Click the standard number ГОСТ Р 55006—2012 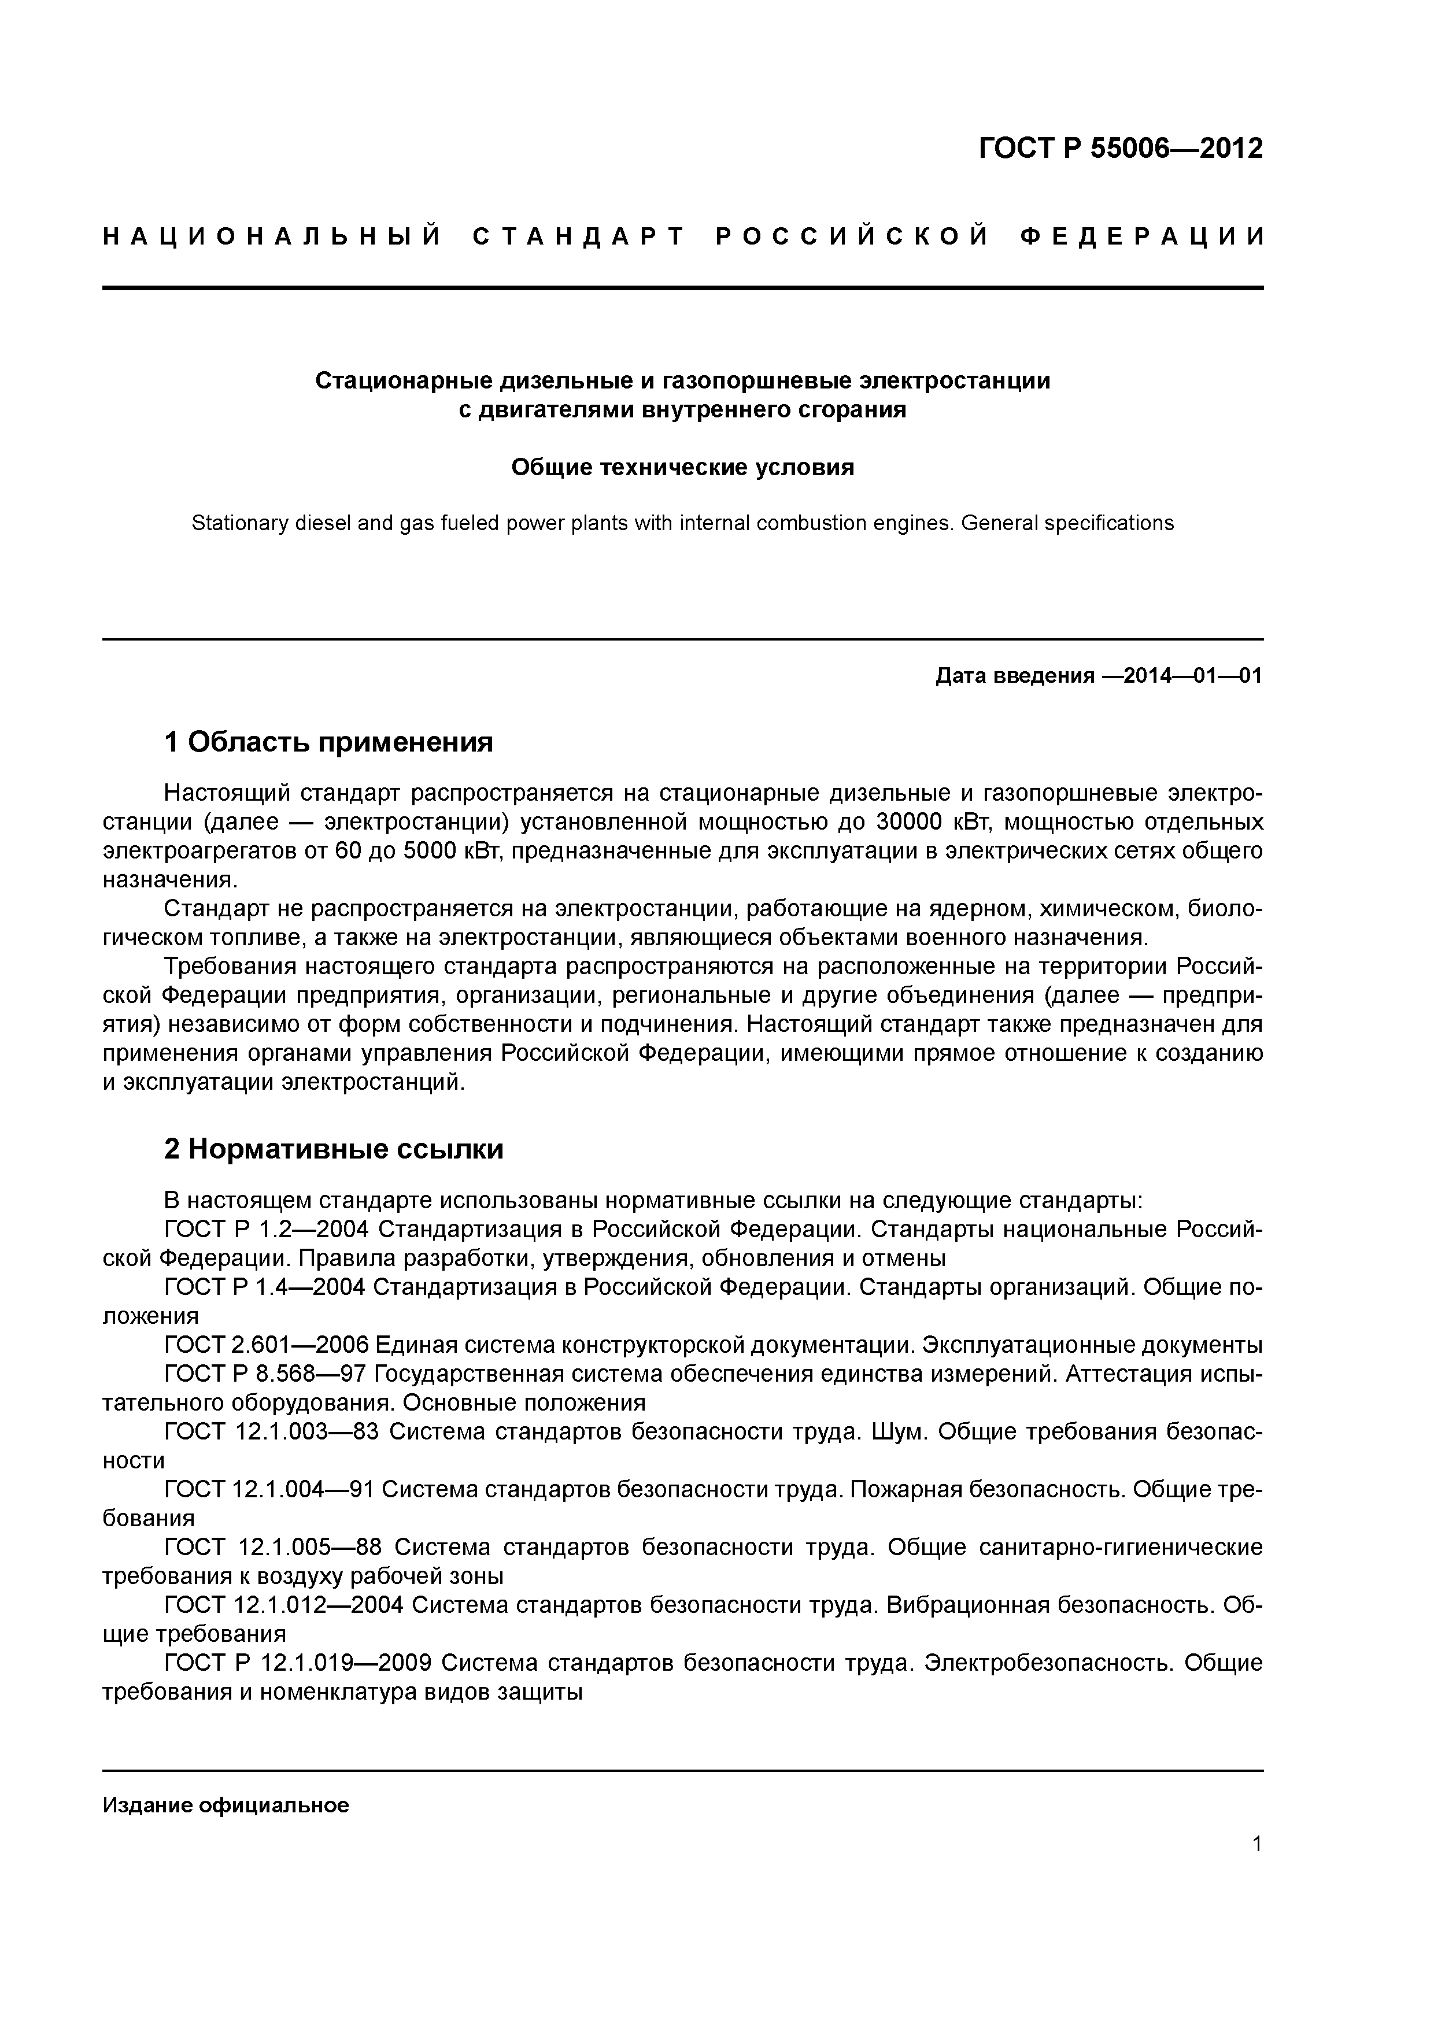pyautogui.click(x=1121, y=149)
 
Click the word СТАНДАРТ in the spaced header pyautogui.click(x=579, y=236)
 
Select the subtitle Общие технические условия pyautogui.click(x=682, y=467)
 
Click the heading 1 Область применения pyautogui.click(x=328, y=742)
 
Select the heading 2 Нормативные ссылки pyautogui.click(x=333, y=1148)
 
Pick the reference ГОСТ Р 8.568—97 pyautogui.click(x=264, y=1374)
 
